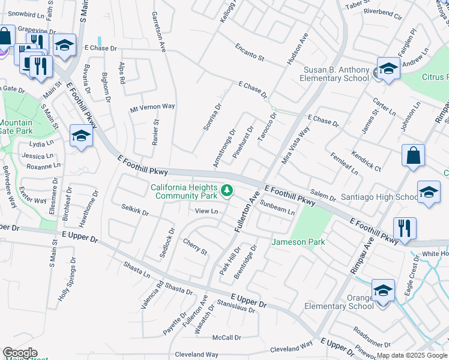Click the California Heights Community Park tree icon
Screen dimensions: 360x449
(227, 191)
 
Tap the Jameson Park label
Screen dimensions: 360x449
(298, 242)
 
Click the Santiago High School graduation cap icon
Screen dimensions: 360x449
(429, 192)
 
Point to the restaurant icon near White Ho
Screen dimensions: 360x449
(405, 229)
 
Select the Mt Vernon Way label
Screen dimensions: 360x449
(152, 106)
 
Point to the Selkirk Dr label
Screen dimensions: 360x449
(134, 213)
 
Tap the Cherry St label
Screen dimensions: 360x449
(195, 247)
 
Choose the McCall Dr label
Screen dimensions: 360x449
(226, 337)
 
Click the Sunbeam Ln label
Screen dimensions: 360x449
(277, 211)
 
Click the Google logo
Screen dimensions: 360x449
(20, 353)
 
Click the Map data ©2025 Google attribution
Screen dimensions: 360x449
(412, 355)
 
